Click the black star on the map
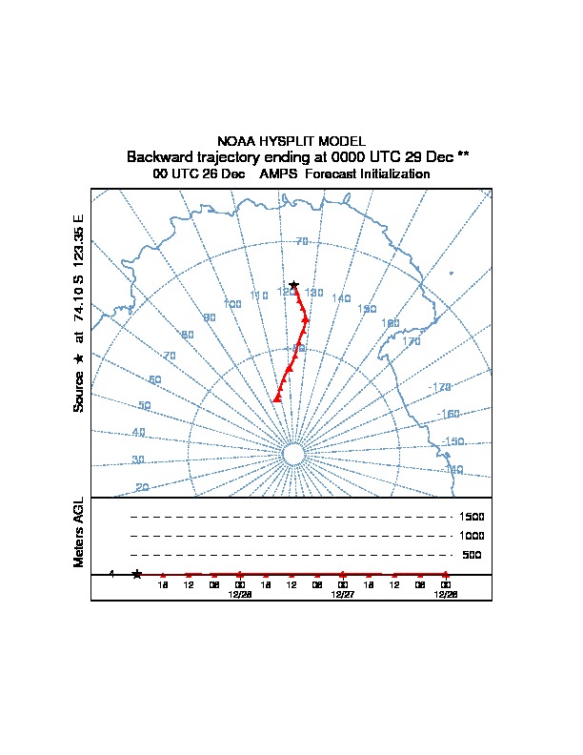pyautogui.click(x=293, y=285)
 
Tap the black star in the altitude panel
pyautogui.click(x=137, y=574)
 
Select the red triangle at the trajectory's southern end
pyautogui.click(x=277, y=398)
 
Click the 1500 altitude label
pyautogui.click(x=472, y=517)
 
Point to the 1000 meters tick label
pyautogui.click(x=472, y=536)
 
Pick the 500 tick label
pyautogui.click(x=472, y=555)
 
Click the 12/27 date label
pyautogui.click(x=343, y=594)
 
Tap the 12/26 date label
pyautogui.click(x=445, y=594)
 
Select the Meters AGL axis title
pyautogui.click(x=79, y=532)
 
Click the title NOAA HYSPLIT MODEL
pyautogui.click(x=291, y=141)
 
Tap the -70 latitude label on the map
pyautogui.click(x=302, y=241)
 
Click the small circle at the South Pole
pyautogui.click(x=293, y=455)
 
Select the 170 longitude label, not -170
pyautogui.click(x=412, y=341)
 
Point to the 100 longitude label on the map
pyautogui.click(x=232, y=304)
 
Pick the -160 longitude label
pyautogui.click(x=449, y=414)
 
